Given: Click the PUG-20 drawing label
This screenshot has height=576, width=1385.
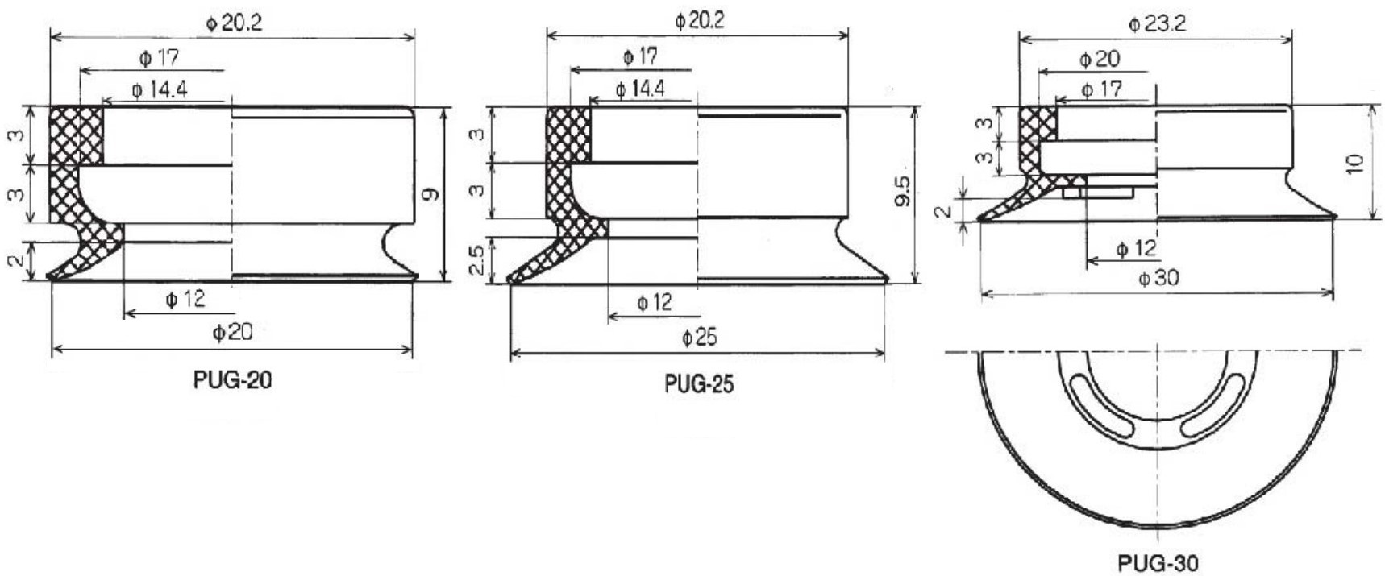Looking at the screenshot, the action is click(x=232, y=379).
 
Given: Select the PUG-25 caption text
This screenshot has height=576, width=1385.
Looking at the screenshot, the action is click(x=699, y=383).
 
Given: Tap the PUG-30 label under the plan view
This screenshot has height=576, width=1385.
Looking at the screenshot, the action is click(x=1158, y=562).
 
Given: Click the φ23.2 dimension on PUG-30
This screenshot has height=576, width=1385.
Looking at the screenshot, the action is click(x=1157, y=23).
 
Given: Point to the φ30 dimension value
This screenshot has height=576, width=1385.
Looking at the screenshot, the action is click(x=1158, y=278).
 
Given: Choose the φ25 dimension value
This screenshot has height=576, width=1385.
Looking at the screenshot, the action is click(x=699, y=337).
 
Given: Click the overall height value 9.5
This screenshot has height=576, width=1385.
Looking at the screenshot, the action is click(x=902, y=191).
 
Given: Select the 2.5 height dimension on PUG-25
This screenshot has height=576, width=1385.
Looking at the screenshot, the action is click(x=477, y=260).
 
